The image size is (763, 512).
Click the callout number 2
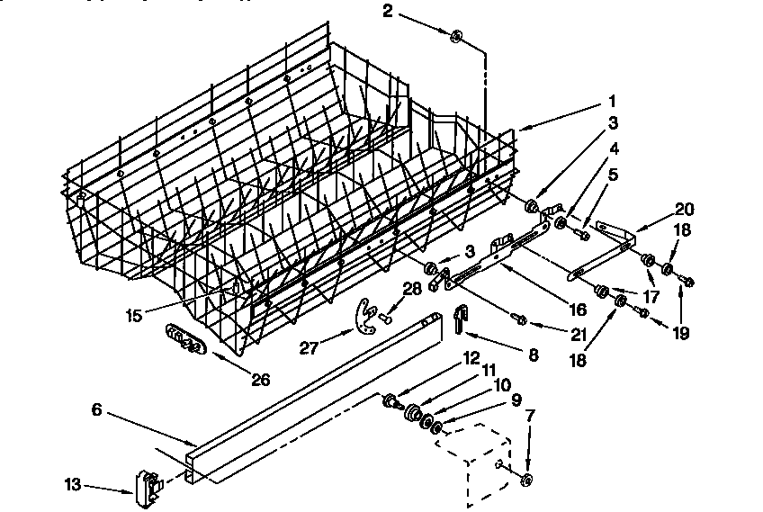click(x=388, y=11)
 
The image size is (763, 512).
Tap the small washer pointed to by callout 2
click(x=456, y=37)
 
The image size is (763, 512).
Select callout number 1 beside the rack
click(x=612, y=101)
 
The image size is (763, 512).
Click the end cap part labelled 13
click(x=146, y=486)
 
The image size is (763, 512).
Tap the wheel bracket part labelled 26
click(x=186, y=340)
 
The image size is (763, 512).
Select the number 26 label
click(x=260, y=380)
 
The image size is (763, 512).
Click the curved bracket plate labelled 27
click(x=364, y=313)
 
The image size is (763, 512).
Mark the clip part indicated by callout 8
click(x=461, y=317)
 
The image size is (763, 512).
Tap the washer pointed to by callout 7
click(x=527, y=478)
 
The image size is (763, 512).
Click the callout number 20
click(x=685, y=207)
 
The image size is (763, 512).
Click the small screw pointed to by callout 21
click(x=518, y=318)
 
